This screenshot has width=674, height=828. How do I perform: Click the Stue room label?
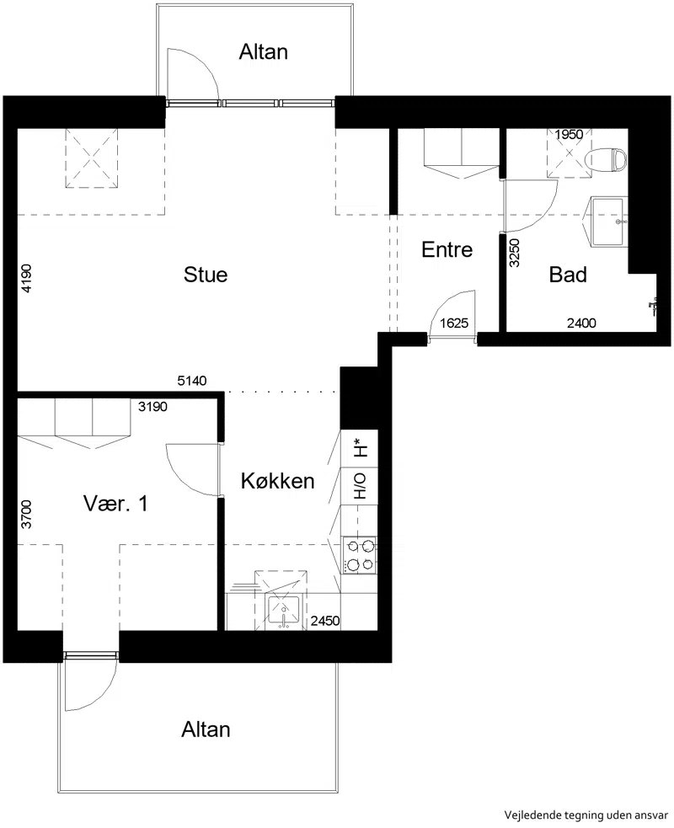click(x=206, y=275)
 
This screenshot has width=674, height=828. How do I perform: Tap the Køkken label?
click(x=278, y=481)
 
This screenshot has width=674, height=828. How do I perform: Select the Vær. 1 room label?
click(x=115, y=504)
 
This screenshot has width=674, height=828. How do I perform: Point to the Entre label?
click(x=447, y=250)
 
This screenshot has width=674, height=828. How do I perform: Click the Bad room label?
click(x=568, y=275)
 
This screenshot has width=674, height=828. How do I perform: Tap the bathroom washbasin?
click(x=608, y=222)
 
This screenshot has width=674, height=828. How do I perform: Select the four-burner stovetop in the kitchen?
click(x=360, y=555)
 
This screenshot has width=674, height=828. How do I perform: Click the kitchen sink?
click(x=284, y=612)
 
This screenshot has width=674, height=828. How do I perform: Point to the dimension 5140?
click(x=192, y=381)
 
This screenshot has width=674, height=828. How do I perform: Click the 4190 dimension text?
click(x=26, y=278)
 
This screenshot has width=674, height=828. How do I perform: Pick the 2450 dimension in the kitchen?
click(x=325, y=621)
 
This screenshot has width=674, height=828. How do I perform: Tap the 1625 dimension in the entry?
click(x=454, y=323)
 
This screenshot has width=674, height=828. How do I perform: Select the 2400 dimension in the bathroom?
click(x=581, y=323)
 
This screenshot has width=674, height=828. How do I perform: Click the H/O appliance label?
click(x=360, y=486)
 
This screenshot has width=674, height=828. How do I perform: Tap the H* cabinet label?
click(x=360, y=448)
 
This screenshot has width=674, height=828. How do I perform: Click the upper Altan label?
click(x=263, y=52)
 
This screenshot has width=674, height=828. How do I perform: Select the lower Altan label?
click(x=206, y=729)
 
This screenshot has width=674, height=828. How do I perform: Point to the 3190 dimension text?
click(x=152, y=407)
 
